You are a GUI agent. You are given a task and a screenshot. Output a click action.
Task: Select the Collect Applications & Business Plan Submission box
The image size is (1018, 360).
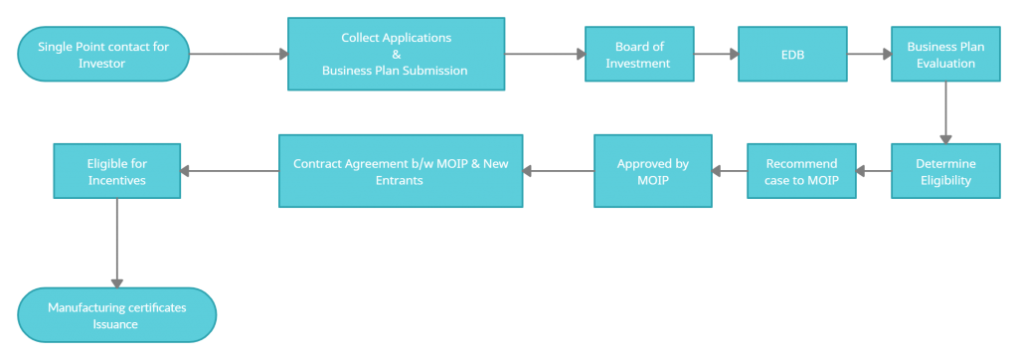pos(396,54)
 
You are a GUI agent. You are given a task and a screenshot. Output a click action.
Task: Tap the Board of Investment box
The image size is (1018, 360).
pos(639,55)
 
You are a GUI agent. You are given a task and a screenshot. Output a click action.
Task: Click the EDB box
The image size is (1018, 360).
pos(792,55)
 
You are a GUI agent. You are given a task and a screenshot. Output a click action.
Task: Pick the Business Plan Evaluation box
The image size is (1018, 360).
pos(944,55)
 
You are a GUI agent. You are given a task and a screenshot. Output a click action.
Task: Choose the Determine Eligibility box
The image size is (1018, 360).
pos(944,171)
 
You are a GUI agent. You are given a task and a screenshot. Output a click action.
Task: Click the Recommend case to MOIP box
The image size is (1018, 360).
pos(801,171)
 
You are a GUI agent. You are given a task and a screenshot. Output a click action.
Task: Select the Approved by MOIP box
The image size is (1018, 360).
pos(652,171)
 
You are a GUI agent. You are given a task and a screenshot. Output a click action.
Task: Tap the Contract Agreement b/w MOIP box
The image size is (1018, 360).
pos(401,171)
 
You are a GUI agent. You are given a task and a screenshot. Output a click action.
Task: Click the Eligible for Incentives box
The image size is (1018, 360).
pos(116,171)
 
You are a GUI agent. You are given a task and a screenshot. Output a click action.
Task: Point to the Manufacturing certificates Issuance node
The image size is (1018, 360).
pos(116,315)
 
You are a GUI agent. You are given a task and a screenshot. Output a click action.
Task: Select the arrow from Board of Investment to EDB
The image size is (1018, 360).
pos(716,55)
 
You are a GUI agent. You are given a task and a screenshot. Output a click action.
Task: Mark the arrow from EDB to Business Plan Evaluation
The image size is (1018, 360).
pos(869,55)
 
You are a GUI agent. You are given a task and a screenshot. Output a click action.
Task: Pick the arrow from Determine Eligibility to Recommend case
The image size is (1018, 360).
pos(873,171)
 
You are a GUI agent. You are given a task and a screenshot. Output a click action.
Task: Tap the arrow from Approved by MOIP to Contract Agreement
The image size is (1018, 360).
pos(558,171)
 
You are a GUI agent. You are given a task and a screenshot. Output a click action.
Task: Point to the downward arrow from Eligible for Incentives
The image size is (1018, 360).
pos(116,243)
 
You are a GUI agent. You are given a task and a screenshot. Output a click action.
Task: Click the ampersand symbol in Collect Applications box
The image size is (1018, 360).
pos(396,54)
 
